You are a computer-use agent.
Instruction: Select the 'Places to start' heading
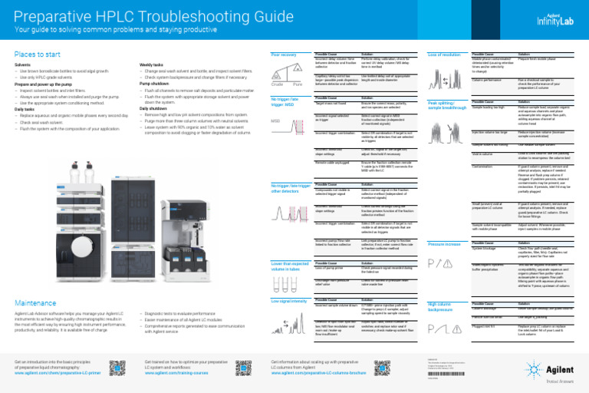(x=38, y=54)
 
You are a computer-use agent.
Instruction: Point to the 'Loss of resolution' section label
(x=444, y=54)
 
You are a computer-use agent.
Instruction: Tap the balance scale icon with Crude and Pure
(x=288, y=75)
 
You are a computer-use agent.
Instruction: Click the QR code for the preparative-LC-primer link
(x=117, y=366)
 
